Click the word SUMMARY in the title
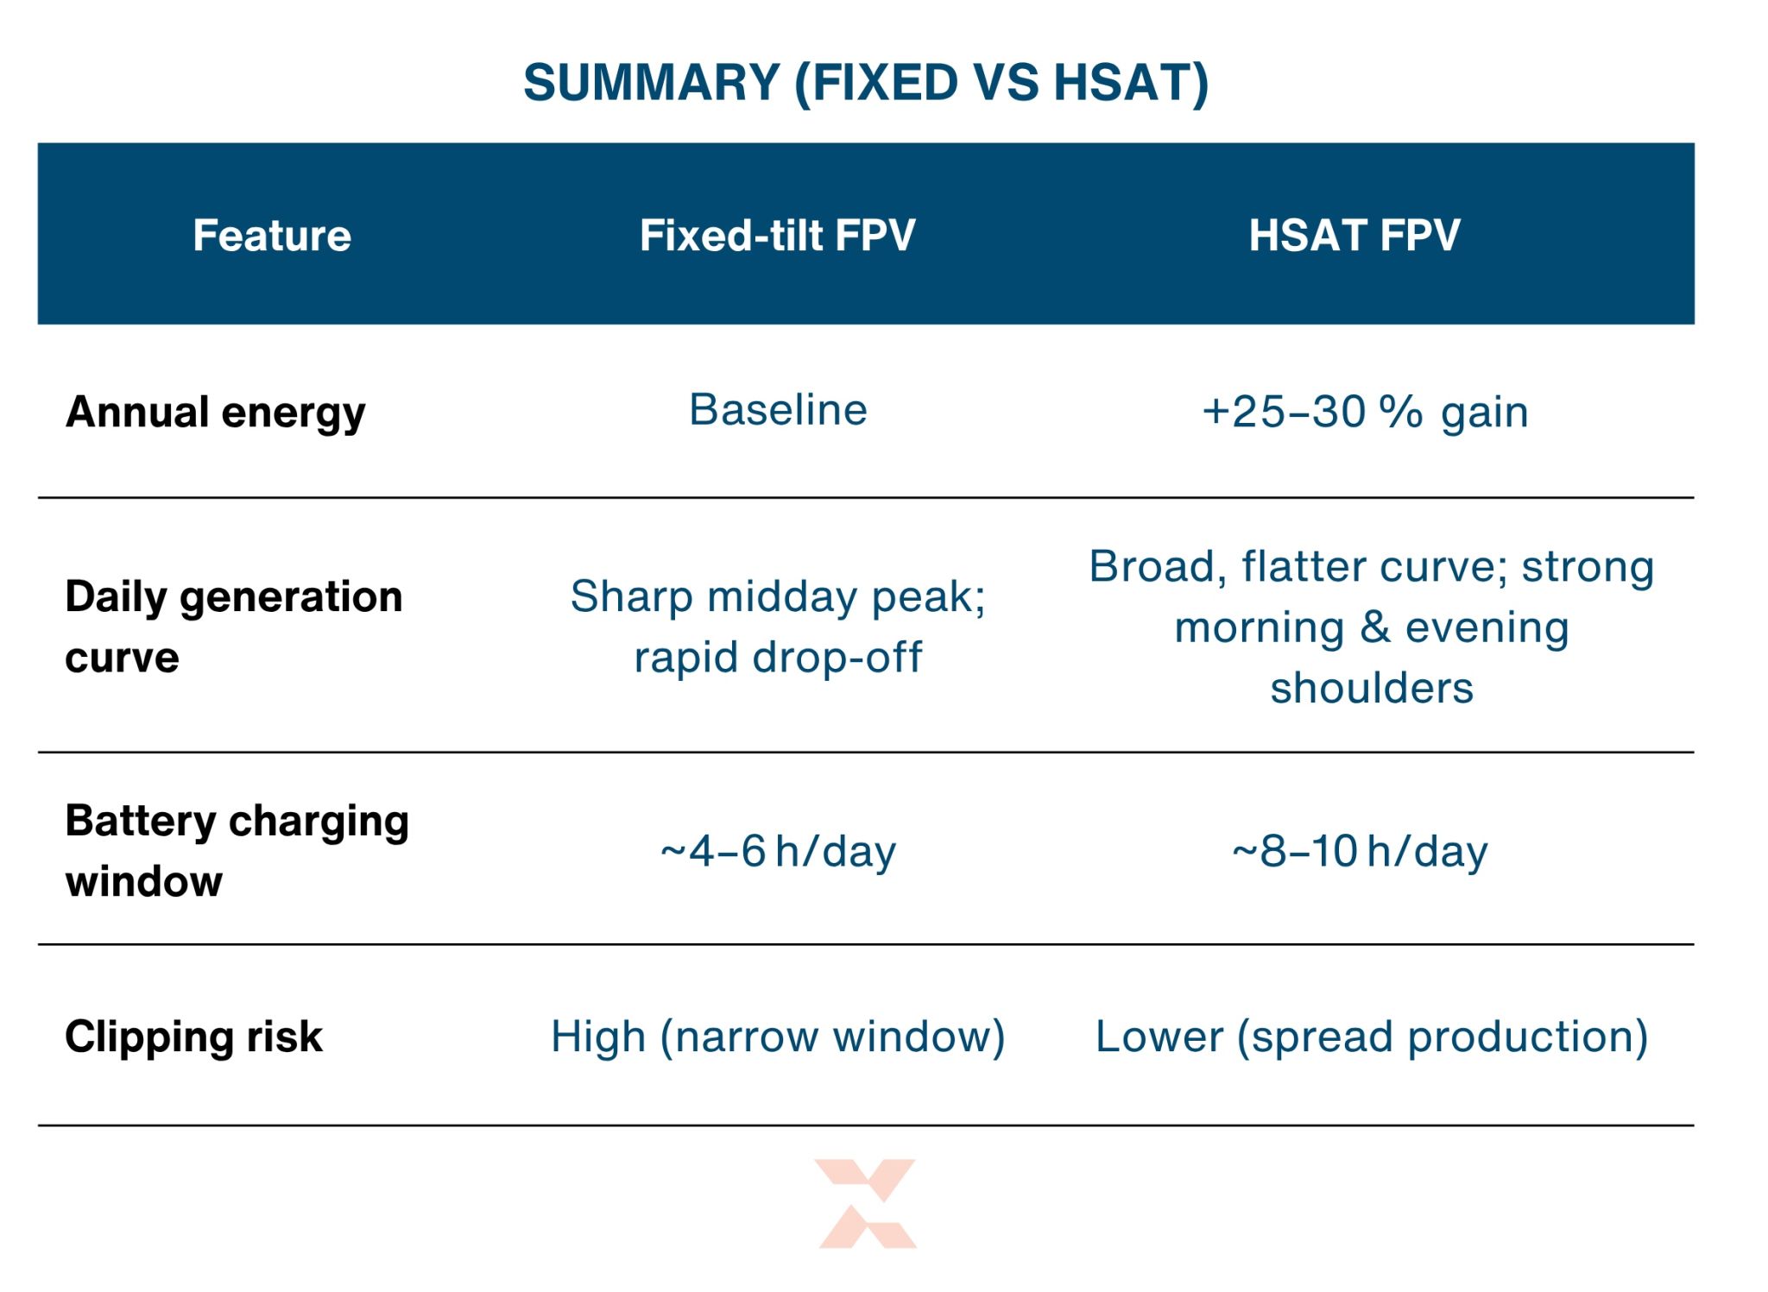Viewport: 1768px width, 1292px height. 652,83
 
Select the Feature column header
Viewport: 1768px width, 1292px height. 272,235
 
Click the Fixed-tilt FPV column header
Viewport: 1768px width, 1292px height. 777,235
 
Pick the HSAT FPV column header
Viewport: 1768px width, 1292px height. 1354,235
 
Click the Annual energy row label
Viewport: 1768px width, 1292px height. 216,412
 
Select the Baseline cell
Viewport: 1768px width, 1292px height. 778,410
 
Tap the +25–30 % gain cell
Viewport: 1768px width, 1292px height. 1365,412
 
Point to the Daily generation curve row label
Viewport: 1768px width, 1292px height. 233,627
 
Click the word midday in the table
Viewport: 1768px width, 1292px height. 784,596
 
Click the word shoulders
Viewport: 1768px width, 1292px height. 1372,689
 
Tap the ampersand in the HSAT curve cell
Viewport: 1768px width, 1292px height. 1374,627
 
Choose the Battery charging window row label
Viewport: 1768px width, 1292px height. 237,851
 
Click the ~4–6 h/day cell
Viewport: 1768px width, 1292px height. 778,852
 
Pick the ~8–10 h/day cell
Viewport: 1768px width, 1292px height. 1360,852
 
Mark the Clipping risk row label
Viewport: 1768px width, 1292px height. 193,1037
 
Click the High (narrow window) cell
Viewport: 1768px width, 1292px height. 778,1037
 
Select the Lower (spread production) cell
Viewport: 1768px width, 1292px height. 1371,1037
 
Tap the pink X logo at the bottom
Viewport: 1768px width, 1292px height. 867,1203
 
